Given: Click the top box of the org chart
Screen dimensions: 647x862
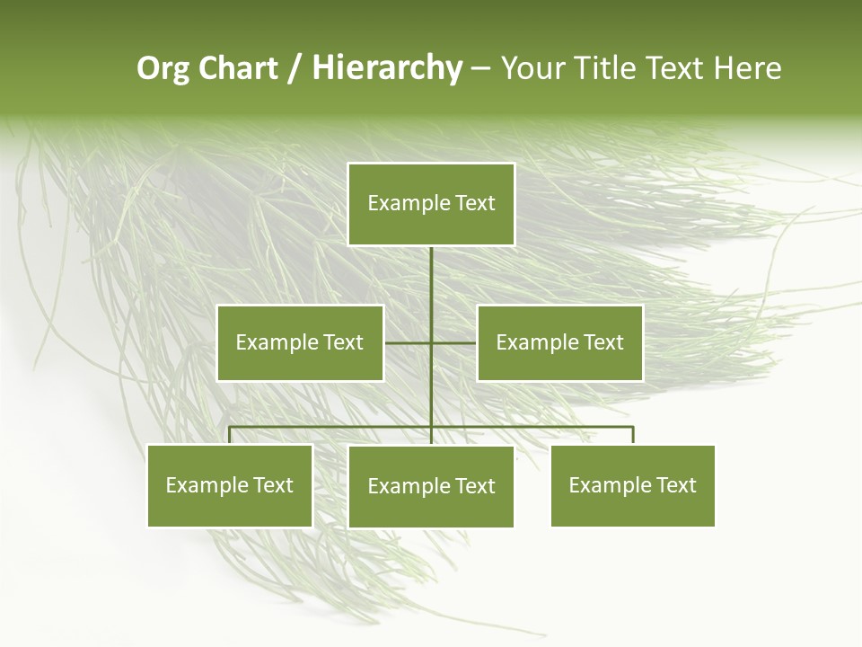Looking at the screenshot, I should coord(431,204).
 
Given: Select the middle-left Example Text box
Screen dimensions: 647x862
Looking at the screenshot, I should coord(300,342).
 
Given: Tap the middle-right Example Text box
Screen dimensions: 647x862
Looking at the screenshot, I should coord(559,342).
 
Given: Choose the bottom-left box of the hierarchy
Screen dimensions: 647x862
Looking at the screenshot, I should coord(230,485).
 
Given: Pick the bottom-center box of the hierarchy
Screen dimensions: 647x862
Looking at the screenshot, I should coord(431,486).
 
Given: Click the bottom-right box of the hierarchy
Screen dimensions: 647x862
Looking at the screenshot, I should coord(632,485).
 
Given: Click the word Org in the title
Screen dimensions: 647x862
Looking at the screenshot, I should coord(163,68).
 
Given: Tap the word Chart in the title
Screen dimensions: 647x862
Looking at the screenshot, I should coord(238,68).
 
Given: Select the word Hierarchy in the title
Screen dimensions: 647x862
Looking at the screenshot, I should coord(387,68).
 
